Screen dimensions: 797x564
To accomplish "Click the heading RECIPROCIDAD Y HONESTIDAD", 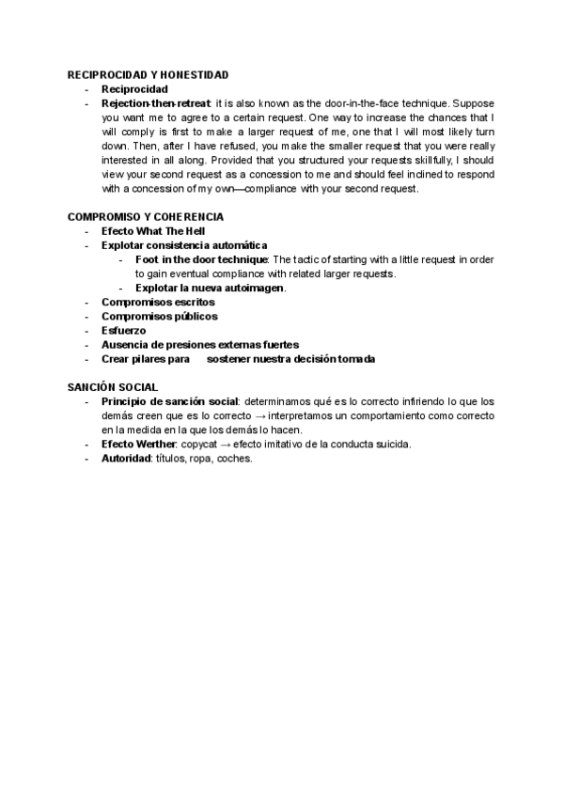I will pyautogui.click(x=148, y=74).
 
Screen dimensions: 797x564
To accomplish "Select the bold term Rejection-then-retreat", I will pyautogui.click(x=155, y=103).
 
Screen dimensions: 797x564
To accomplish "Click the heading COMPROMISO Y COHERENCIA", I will pyautogui.click(x=145, y=217).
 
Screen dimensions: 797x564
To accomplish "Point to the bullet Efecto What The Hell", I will pyautogui.click(x=153, y=231).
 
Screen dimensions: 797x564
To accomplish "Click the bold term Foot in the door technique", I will pyautogui.click(x=201, y=259).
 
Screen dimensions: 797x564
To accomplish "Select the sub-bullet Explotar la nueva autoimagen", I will pyautogui.click(x=209, y=288).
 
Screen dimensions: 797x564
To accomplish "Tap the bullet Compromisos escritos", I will pyautogui.click(x=158, y=303).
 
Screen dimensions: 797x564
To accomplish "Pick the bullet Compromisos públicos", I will pyautogui.click(x=159, y=317).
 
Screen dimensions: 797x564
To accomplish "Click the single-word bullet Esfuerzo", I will pyautogui.click(x=123, y=331).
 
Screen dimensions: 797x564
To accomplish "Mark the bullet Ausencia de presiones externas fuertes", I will pyautogui.click(x=199, y=345).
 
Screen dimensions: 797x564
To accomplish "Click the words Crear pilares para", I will pyautogui.click(x=146, y=359).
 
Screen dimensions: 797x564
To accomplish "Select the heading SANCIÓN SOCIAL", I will pyautogui.click(x=113, y=387).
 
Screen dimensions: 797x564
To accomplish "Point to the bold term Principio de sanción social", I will pyautogui.click(x=169, y=401).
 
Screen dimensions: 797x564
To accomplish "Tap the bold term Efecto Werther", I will pyautogui.click(x=138, y=444).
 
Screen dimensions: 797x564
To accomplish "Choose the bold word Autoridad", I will pyautogui.click(x=126, y=459).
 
